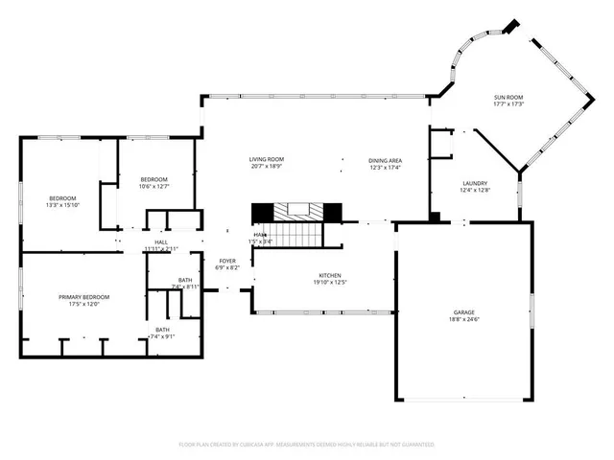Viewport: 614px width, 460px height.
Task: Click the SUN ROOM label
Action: coord(508,97)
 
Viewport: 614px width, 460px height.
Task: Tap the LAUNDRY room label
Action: coord(474,183)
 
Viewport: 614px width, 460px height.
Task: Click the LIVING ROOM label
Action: coord(267,159)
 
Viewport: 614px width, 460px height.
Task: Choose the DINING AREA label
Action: coord(385,160)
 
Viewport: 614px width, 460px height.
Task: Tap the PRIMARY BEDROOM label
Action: coord(83,297)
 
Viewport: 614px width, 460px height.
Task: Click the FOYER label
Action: coord(227,261)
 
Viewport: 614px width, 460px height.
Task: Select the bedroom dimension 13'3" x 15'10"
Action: coord(63,205)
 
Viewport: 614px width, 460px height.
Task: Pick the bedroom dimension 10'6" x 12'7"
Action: coord(154,186)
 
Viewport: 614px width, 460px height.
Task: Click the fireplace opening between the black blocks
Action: coord(297,211)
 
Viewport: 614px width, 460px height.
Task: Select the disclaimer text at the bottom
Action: coord(307,445)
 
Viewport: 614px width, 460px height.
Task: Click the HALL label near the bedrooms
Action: coord(161,241)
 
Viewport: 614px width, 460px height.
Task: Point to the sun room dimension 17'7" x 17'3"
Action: coord(508,104)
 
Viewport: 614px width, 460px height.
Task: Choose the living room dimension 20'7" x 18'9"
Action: coord(267,167)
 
